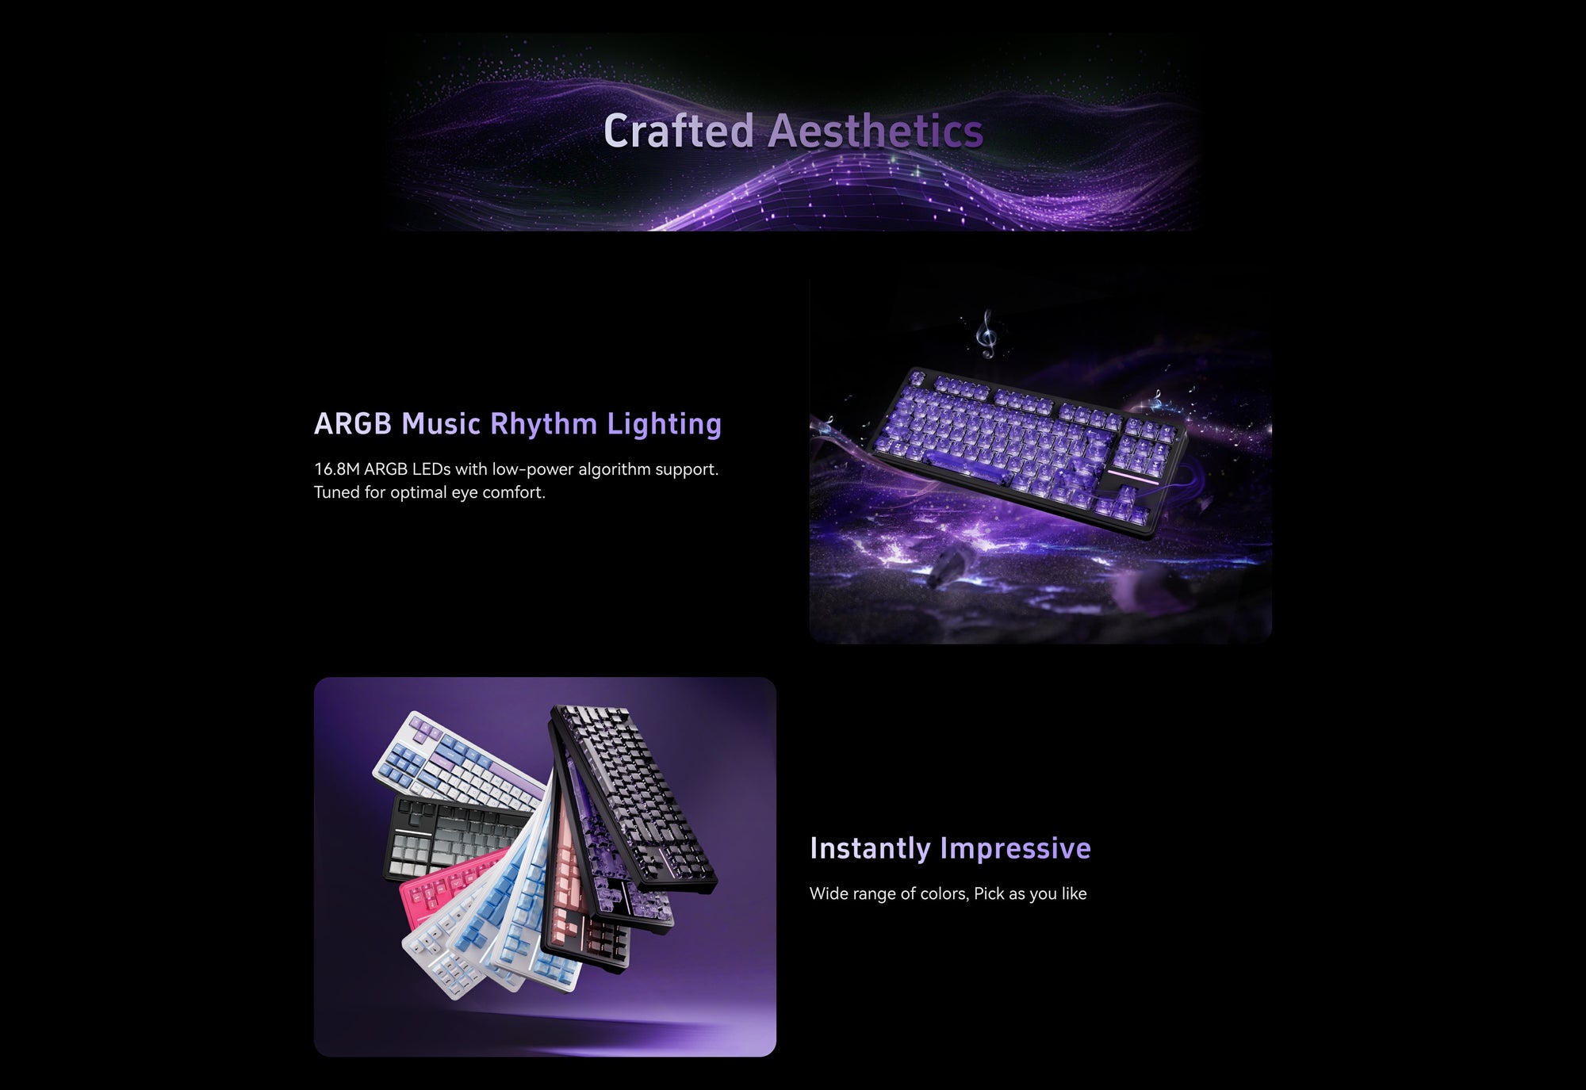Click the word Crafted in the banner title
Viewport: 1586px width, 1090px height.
click(679, 131)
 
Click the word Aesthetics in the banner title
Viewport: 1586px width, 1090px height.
click(876, 131)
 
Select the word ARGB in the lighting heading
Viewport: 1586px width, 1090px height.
click(353, 423)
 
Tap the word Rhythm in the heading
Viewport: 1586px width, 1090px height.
click(544, 423)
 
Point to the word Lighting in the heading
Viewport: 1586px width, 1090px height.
click(665, 424)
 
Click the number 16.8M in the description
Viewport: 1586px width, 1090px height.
click(337, 469)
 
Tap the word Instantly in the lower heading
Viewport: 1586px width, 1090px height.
click(870, 848)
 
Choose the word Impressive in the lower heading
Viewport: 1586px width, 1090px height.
click(1016, 849)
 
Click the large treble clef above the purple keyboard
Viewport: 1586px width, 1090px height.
click(986, 333)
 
